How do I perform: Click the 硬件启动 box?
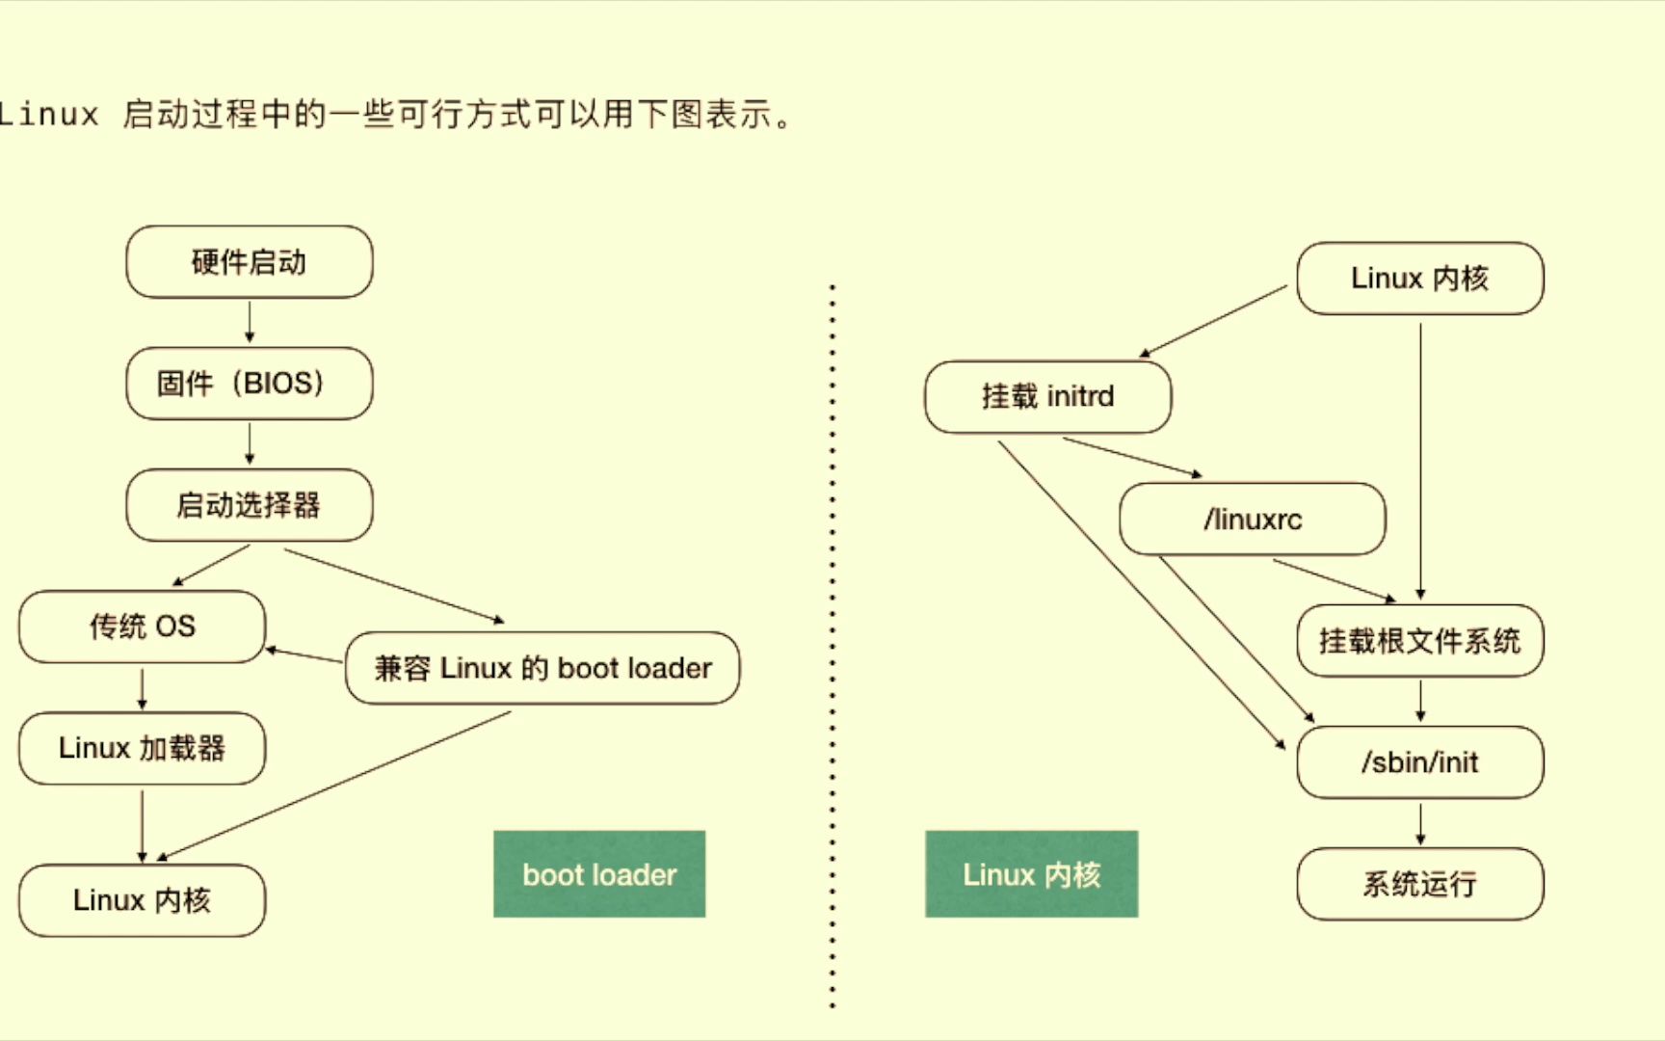click(249, 262)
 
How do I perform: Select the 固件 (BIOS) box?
click(249, 384)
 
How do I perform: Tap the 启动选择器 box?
click(249, 505)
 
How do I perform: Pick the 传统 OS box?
click(142, 627)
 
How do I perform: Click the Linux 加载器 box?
click(142, 748)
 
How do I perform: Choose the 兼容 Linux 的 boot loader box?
click(542, 668)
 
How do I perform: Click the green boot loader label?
click(599, 874)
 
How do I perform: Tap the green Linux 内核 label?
click(1031, 874)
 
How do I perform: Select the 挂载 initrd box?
click(1047, 396)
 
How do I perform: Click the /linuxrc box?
click(1252, 520)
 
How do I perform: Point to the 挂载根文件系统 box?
click(1419, 641)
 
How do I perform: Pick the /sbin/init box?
click(1419, 762)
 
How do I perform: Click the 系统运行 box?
click(1419, 884)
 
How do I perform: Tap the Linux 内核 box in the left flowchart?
click(142, 900)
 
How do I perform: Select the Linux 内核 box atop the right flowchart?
click(1419, 279)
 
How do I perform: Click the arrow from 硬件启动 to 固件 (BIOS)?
click(250, 322)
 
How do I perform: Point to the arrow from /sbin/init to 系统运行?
click(1420, 823)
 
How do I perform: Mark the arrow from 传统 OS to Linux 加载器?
click(143, 687)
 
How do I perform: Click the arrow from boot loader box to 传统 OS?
click(304, 655)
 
